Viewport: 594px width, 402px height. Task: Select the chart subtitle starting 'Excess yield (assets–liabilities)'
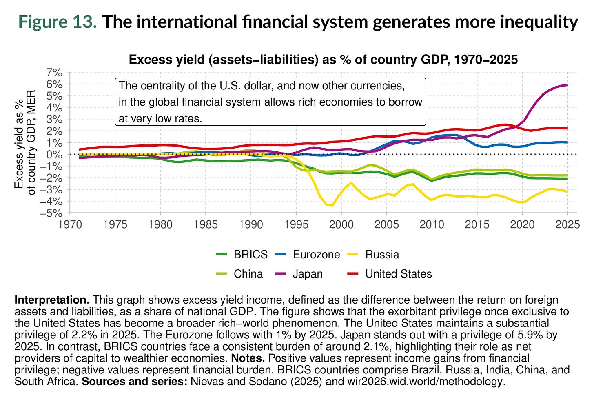point(323,60)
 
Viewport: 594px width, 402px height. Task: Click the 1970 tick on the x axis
point(70,224)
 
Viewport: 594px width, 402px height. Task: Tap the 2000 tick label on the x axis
point(341,224)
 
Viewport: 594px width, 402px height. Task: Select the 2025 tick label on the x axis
point(567,224)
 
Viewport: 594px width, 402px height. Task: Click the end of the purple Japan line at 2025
point(567,85)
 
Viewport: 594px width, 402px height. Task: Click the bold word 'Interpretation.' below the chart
point(52,300)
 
